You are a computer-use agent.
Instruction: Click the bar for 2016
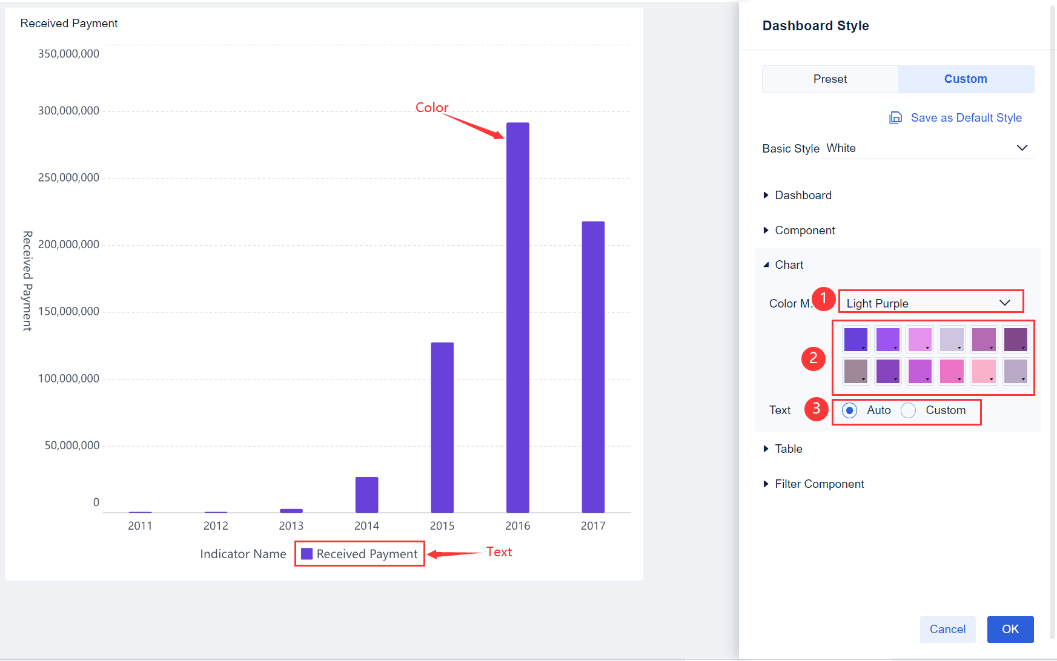(x=517, y=317)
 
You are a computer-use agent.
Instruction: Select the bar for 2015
(x=442, y=427)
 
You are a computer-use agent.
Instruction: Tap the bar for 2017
(x=593, y=367)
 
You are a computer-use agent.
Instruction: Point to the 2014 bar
(x=366, y=495)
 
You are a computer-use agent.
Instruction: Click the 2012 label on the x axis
(x=216, y=525)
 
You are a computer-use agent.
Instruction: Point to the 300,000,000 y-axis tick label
(x=68, y=111)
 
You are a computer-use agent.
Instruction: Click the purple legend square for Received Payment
(x=307, y=554)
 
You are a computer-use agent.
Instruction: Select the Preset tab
(x=830, y=79)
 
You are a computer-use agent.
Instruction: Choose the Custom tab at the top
(x=966, y=79)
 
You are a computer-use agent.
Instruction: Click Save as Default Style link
(x=966, y=118)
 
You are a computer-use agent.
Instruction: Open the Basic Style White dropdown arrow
(x=1022, y=148)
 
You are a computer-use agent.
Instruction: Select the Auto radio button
(x=850, y=410)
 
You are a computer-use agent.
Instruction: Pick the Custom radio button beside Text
(x=908, y=410)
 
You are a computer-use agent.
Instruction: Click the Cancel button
(x=947, y=629)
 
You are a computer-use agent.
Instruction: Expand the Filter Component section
(x=819, y=484)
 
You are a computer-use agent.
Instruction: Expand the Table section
(x=788, y=449)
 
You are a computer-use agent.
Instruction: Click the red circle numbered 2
(x=813, y=358)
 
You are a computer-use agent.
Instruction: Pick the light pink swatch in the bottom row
(x=983, y=371)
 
